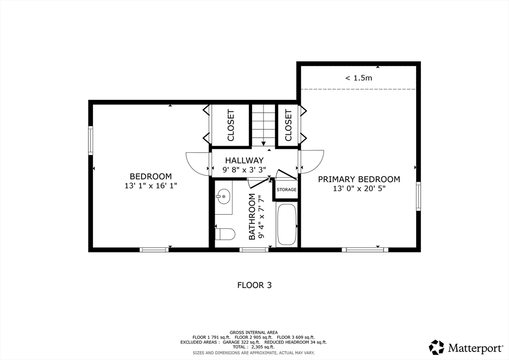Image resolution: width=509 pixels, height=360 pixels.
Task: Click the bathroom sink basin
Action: click(224, 197)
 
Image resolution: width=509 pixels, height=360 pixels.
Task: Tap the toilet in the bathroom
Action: click(225, 234)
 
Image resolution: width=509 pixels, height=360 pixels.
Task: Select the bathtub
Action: click(286, 225)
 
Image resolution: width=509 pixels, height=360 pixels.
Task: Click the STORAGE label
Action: click(286, 189)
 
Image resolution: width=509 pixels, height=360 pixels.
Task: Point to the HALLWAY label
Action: click(244, 161)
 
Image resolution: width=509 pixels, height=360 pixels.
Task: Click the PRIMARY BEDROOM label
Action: click(359, 179)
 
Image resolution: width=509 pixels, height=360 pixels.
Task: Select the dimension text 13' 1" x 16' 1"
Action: click(151, 185)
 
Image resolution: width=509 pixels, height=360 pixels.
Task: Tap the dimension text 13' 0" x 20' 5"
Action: click(359, 188)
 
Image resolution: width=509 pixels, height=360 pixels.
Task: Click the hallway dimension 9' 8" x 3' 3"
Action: click(244, 170)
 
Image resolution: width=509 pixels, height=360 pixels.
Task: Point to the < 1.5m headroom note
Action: click(359, 78)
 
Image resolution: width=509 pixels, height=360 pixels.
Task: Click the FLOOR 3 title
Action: click(254, 285)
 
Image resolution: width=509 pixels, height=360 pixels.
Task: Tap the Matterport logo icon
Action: click(436, 348)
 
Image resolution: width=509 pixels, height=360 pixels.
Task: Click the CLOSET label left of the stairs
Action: click(231, 126)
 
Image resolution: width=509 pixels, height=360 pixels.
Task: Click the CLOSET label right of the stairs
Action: click(288, 126)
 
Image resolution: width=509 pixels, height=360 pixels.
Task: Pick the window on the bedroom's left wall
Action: click(91, 140)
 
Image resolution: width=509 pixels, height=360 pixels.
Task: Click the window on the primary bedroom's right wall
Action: click(419, 196)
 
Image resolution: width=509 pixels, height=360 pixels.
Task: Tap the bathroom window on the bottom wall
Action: click(254, 250)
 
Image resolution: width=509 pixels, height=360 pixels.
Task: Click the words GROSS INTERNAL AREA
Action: click(254, 333)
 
